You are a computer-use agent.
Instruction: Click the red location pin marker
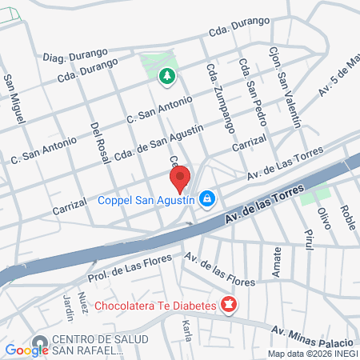pos(180,178)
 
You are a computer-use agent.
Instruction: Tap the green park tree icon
pos(166,77)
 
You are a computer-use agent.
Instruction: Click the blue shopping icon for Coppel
pos(207,198)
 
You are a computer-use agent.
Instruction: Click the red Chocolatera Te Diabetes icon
pos(229,305)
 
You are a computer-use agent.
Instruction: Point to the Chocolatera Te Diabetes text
pos(155,306)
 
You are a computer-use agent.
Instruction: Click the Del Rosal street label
pos(99,143)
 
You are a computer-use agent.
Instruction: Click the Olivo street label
pos(323,218)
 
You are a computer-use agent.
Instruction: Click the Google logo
pos(26,350)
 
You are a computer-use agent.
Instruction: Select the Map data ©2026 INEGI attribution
pos(312,353)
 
